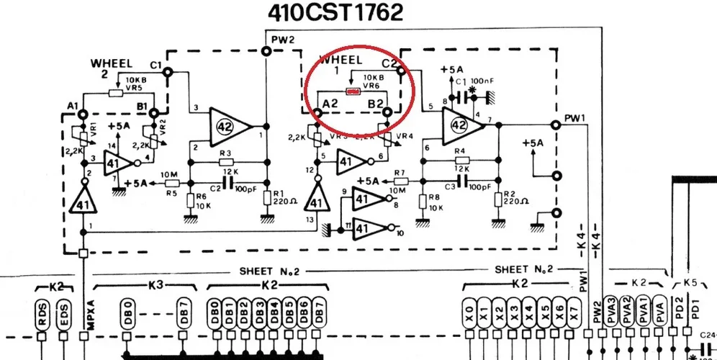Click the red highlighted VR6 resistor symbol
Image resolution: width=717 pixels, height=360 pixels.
[353, 91]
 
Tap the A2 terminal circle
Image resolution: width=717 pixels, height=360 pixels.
[317, 112]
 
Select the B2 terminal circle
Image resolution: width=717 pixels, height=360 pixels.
[387, 112]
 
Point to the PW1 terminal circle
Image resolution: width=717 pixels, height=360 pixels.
[555, 125]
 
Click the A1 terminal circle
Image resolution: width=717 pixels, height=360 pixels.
[83, 114]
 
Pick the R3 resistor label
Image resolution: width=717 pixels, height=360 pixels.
[225, 153]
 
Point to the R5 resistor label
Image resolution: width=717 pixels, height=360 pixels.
[171, 193]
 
